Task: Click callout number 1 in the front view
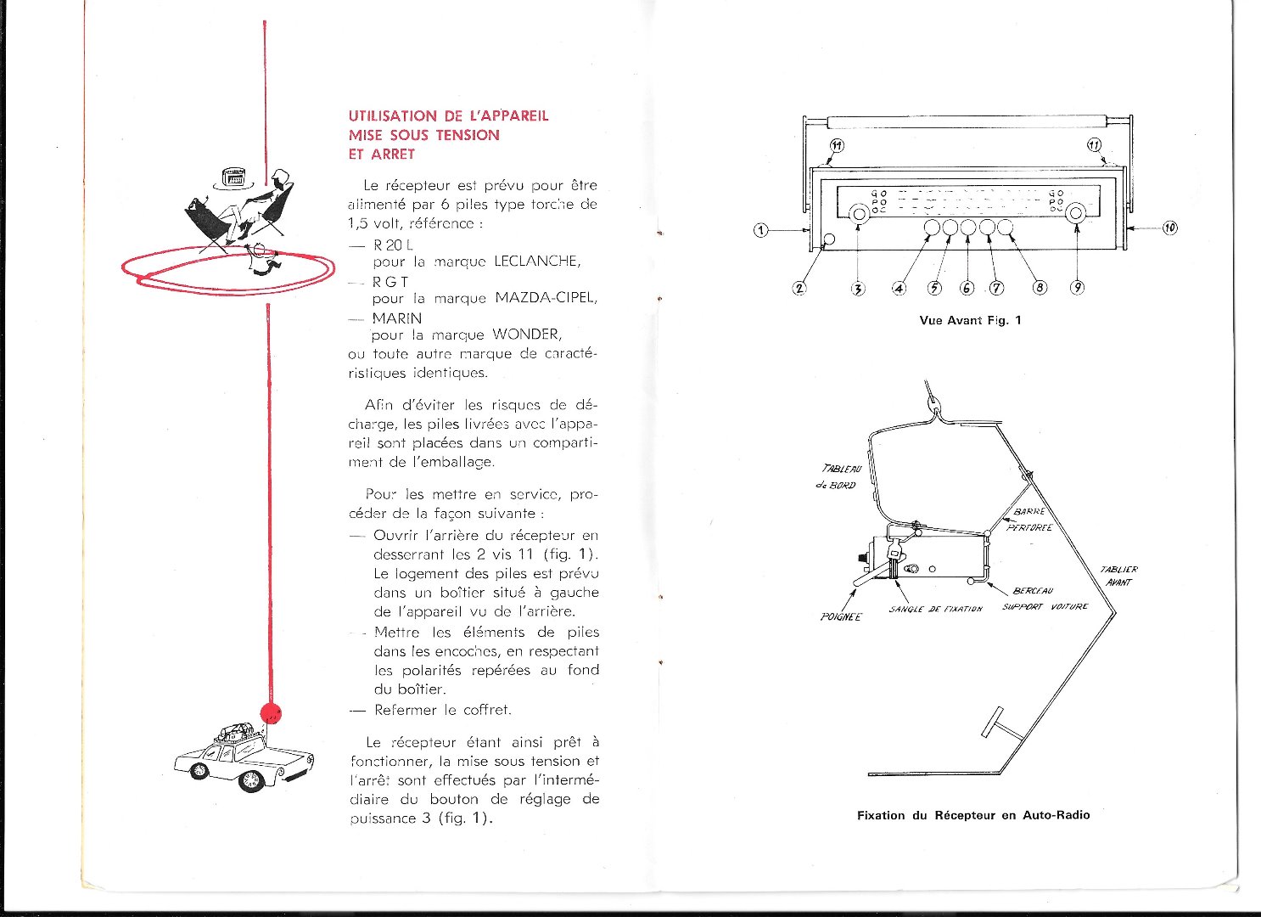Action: (761, 229)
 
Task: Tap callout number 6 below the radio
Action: (967, 287)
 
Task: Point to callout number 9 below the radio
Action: (1077, 287)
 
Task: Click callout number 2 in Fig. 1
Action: (799, 287)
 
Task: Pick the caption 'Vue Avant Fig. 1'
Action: (970, 320)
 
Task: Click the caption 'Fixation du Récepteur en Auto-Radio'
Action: (973, 815)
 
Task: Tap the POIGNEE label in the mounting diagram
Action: (840, 616)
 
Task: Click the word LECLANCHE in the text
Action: (537, 262)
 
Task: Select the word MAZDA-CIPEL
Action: (546, 298)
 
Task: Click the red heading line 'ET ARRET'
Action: (382, 155)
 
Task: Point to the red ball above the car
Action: (271, 714)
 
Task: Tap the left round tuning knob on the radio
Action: (859, 213)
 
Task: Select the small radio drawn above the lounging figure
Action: (232, 177)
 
